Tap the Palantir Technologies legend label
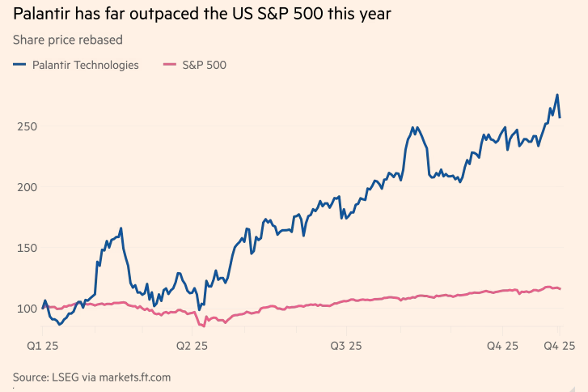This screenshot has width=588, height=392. pyautogui.click(x=85, y=65)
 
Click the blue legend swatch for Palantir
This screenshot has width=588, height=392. pyautogui.click(x=20, y=65)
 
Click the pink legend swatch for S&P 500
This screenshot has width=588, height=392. pyautogui.click(x=169, y=65)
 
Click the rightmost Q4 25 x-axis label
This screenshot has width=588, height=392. pyautogui.click(x=558, y=346)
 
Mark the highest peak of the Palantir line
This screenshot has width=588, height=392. pyautogui.click(x=556, y=95)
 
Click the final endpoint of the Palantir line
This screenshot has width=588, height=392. pyautogui.click(x=560, y=118)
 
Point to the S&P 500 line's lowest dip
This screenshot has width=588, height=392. pyautogui.click(x=202, y=325)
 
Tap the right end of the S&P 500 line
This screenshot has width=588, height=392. pyautogui.click(x=560, y=289)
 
